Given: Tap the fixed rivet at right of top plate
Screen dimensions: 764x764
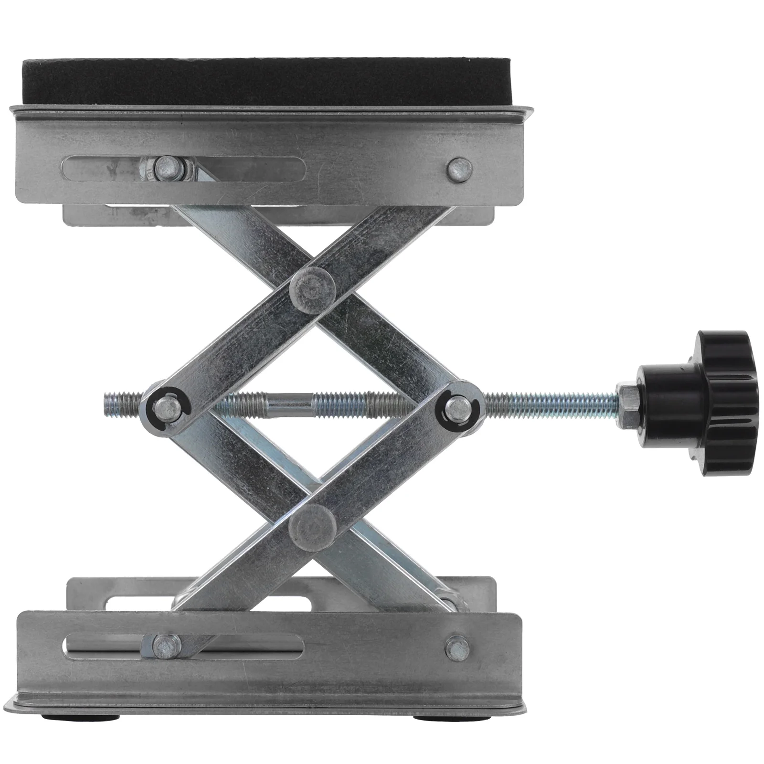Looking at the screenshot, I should (459, 170).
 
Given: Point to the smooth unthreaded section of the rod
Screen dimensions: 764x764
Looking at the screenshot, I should (289, 399).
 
